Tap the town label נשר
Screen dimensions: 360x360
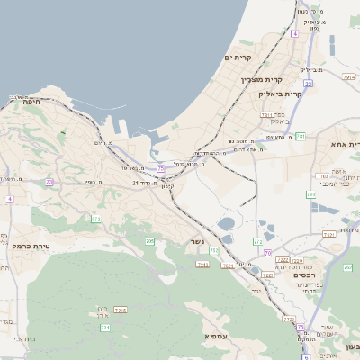197,241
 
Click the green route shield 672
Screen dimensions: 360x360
96,219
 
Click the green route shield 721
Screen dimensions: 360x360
105,328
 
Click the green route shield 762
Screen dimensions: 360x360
347,267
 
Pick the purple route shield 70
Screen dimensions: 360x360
267,253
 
